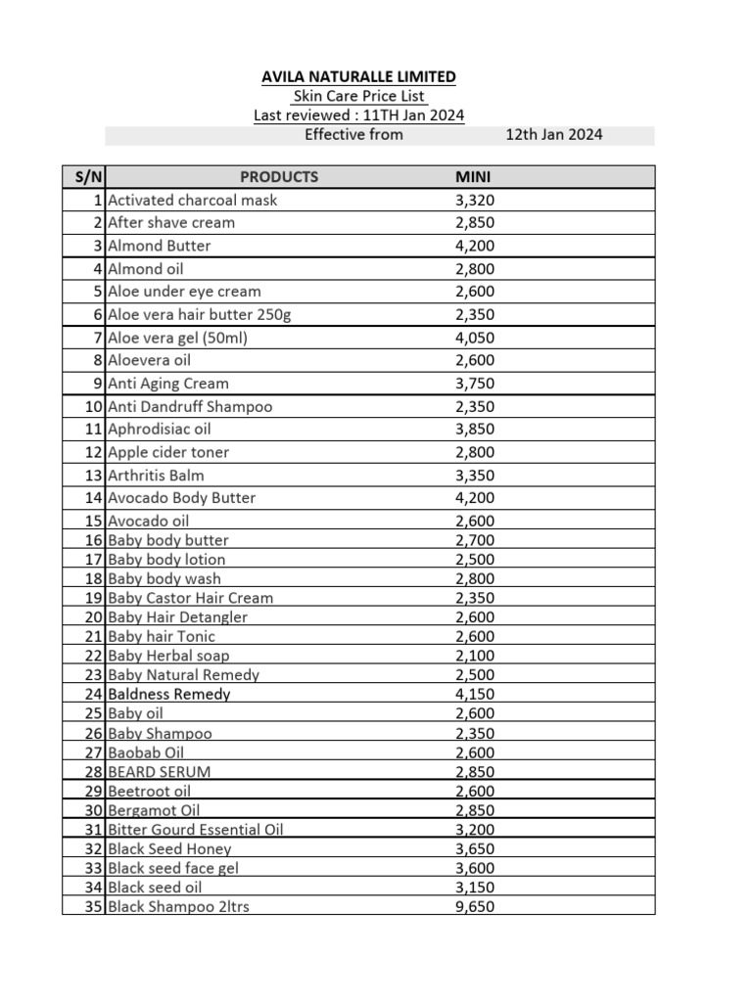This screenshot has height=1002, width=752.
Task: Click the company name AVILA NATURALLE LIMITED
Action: [358, 76]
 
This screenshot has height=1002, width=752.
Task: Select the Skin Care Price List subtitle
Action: [358, 96]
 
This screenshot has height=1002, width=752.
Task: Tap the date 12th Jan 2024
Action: [553, 134]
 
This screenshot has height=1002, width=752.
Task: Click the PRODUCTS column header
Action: [279, 177]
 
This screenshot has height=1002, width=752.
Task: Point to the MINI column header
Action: [473, 177]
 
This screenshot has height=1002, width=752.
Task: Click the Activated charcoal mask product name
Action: [193, 200]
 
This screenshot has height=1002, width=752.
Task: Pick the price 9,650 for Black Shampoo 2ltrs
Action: [475, 906]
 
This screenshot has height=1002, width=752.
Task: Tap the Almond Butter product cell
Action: [159, 246]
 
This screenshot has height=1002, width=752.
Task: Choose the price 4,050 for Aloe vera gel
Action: [475, 338]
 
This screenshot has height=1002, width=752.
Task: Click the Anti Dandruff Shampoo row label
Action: [190, 406]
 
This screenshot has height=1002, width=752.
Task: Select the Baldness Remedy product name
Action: [169, 694]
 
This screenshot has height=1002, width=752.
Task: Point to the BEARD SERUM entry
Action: [160, 771]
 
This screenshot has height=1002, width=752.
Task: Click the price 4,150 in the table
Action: [475, 694]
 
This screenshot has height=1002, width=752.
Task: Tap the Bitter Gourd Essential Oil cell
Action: [196, 829]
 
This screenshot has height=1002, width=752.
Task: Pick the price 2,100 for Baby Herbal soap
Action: [475, 656]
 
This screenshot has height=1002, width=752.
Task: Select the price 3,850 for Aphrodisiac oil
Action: [475, 429]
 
